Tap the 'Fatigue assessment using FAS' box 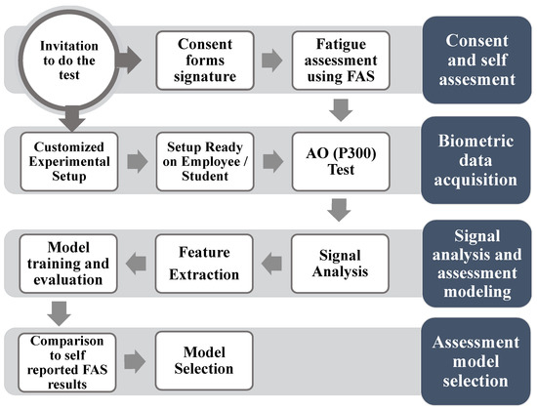(x=341, y=61)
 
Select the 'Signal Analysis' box (x=341, y=261)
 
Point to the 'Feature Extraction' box (x=205, y=261)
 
